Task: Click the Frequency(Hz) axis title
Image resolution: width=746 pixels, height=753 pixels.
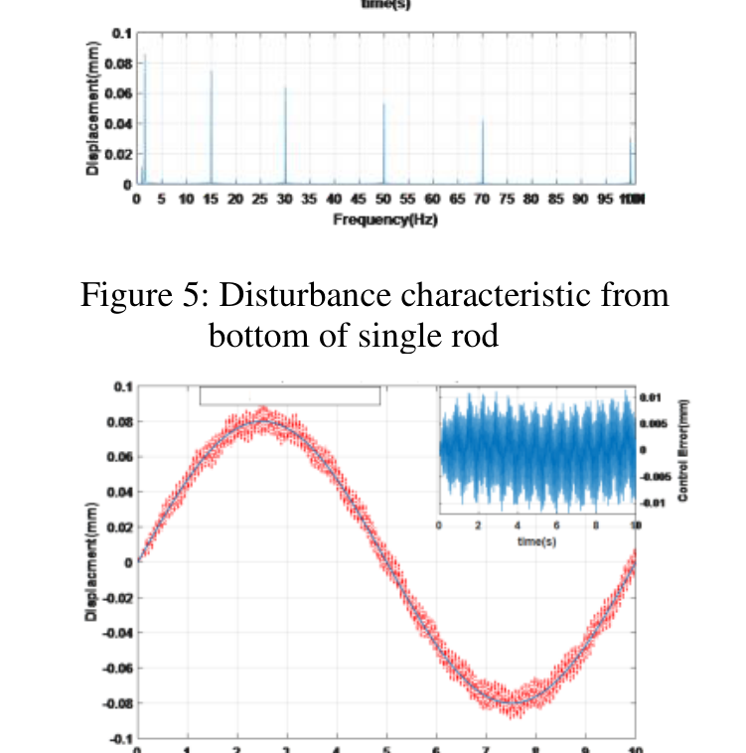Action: coord(385,219)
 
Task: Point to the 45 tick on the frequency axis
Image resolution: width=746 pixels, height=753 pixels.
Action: coord(359,200)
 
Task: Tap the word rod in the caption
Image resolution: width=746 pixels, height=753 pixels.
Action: coord(475,337)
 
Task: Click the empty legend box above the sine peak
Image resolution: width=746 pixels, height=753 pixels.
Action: coord(289,395)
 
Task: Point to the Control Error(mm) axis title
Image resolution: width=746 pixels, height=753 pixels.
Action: coord(684,449)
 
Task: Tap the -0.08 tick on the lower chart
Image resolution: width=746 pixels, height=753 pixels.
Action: coord(117,702)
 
